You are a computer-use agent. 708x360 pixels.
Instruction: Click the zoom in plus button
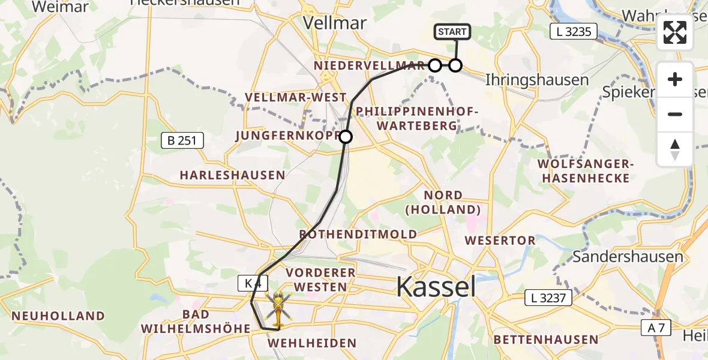675,80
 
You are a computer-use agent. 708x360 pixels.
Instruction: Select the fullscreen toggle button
675,32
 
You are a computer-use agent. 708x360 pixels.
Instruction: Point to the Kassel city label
436,287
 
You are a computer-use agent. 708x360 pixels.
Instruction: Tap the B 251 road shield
183,141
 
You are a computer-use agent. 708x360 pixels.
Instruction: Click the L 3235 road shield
574,32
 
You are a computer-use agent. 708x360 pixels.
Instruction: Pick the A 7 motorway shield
659,328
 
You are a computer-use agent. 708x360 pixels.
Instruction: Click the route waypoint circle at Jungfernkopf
346,137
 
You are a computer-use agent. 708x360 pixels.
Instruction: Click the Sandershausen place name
628,257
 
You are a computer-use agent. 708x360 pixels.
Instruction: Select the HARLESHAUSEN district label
232,175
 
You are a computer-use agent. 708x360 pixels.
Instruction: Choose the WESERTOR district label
500,241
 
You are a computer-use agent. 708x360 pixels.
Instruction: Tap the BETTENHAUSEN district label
545,340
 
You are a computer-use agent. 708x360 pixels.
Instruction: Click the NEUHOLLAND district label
58,316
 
